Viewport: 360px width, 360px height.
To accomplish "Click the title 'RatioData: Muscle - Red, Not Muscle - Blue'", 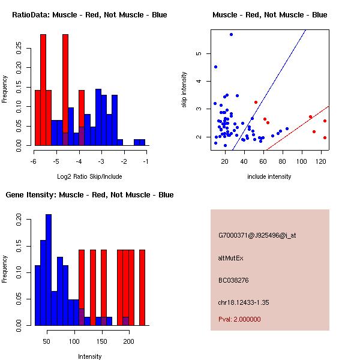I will (89, 14).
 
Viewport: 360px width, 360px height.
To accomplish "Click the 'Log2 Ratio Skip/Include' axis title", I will (89, 176).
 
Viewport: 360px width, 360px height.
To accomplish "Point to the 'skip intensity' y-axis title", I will (185, 90).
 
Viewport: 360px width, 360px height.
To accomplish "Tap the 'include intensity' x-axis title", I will (269, 176).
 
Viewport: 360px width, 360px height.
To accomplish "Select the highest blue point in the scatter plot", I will (231, 35).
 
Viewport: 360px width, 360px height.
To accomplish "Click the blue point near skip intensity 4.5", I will (215, 67).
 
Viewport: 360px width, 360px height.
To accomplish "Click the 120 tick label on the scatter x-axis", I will (322, 161).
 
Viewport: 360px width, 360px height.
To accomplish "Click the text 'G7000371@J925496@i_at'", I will (257, 235).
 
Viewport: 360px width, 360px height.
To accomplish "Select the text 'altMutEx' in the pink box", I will (231, 258).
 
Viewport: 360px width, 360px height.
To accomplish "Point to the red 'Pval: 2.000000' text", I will (239, 319).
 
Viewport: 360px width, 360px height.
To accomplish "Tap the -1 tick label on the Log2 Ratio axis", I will (145, 161).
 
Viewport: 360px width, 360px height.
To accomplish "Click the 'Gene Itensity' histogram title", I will (89, 195).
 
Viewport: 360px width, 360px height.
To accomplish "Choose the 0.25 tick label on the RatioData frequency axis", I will (20, 47).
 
